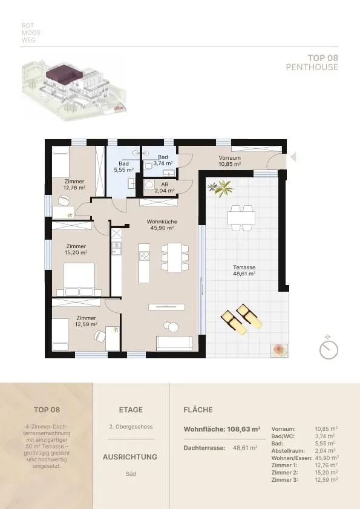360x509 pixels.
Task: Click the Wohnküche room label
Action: point(162,225)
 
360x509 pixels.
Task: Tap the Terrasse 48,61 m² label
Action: point(244,271)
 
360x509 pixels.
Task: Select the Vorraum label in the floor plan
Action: point(229,161)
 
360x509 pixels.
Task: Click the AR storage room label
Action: point(165,188)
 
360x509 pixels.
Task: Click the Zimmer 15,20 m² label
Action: point(76,249)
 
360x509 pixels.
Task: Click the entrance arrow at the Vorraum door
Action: point(293,157)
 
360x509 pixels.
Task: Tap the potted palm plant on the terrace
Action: point(221,188)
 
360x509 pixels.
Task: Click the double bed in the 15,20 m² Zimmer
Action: point(79,279)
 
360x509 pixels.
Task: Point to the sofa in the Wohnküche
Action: point(174,343)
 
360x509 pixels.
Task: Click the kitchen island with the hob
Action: point(144,263)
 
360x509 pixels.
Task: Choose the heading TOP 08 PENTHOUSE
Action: point(312,63)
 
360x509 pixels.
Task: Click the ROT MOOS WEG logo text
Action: point(31,33)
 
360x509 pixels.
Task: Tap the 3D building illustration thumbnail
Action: point(74,88)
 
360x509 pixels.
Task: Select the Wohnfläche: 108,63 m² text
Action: point(222,429)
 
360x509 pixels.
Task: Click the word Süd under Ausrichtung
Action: point(131,474)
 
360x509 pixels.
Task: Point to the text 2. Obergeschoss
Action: point(131,427)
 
